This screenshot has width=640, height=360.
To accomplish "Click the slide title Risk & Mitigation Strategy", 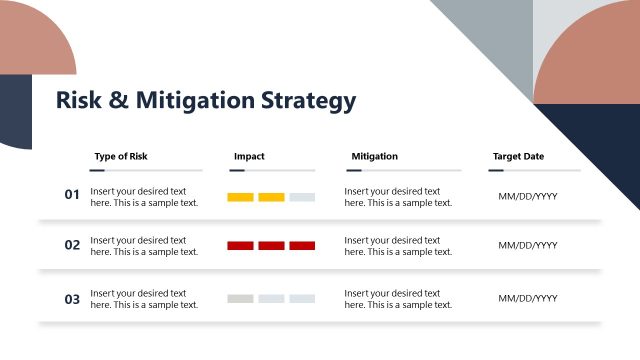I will tap(205, 101).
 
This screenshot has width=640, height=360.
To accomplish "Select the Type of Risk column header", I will tap(121, 156).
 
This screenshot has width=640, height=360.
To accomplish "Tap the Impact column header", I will tap(249, 156).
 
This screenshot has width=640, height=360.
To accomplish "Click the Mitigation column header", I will tap(374, 156).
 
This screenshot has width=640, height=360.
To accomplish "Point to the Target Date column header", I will tap(518, 156).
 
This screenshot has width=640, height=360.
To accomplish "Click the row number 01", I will tap(72, 195).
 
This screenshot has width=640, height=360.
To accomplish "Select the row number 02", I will tap(72, 245).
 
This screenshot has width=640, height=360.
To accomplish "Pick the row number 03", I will tap(72, 298).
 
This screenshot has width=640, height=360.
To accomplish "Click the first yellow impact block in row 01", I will tap(240, 197).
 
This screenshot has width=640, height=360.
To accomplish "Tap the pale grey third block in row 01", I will tap(302, 197).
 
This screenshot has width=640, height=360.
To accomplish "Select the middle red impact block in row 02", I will tap(271, 246).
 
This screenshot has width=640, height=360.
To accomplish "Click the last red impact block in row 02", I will tap(302, 246).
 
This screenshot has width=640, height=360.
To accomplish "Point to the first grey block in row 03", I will tap(240, 299).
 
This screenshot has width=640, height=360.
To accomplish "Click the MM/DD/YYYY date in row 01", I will tap(528, 197).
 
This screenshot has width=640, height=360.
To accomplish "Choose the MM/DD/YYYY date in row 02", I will tap(528, 246).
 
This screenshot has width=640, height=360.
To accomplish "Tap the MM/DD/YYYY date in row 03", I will tap(528, 299).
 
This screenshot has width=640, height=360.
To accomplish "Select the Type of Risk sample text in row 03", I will tap(144, 299).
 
